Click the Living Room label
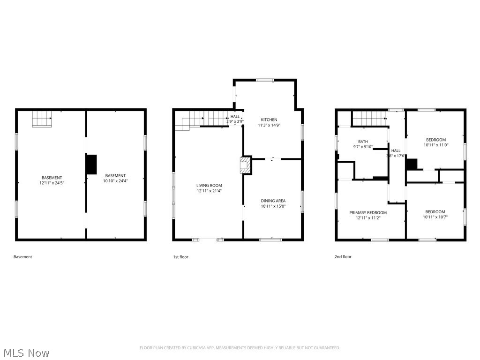point(209,186)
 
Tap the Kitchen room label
point(269,120)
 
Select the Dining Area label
point(273,201)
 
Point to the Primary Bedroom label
point(367,212)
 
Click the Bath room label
point(363,142)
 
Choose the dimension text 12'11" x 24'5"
point(52,183)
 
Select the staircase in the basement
point(42,119)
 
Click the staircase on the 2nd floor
point(370,119)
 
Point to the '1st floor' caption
point(180,257)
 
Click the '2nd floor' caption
point(343,257)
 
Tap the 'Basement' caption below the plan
point(23,257)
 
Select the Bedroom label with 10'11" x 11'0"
point(435,140)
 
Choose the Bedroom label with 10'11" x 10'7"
point(435,211)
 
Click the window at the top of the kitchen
point(265,80)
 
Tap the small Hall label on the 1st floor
point(235,117)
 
